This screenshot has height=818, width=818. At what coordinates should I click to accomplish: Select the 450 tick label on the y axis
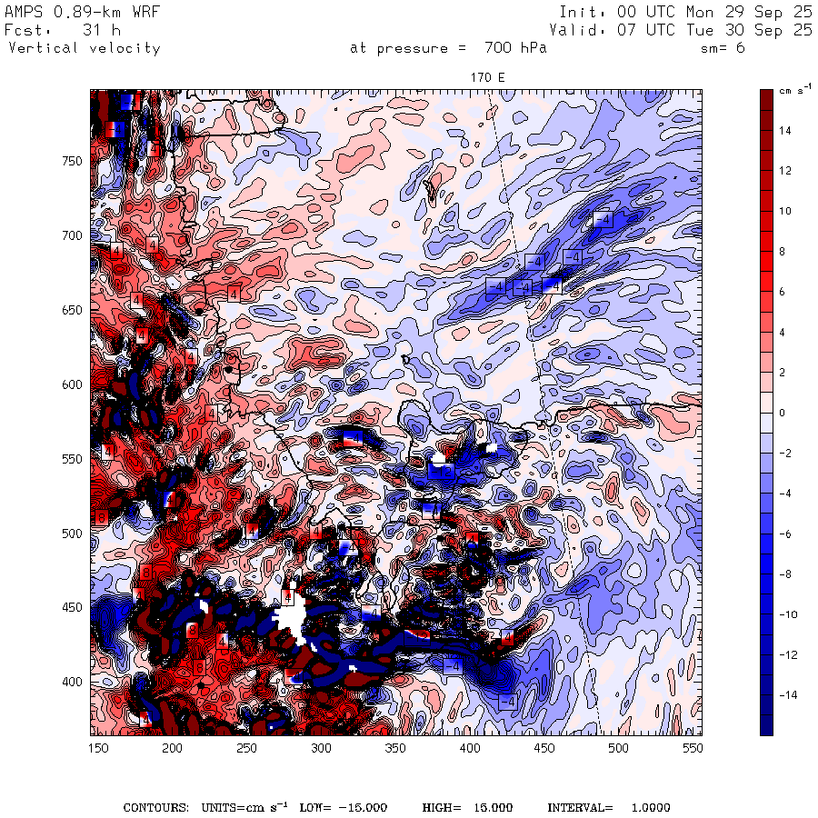coord(73,608)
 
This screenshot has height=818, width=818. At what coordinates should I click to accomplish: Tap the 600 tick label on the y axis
coord(73,384)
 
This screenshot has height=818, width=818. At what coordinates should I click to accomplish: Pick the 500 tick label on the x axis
coord(618,748)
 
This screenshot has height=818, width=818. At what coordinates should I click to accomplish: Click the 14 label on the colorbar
coord(784,131)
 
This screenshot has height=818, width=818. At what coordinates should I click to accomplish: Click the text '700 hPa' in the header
coord(515,48)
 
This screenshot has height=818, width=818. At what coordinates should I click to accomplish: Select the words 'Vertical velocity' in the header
coord(84,48)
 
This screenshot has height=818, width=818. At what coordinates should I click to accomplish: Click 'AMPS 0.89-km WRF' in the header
coord(83,12)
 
